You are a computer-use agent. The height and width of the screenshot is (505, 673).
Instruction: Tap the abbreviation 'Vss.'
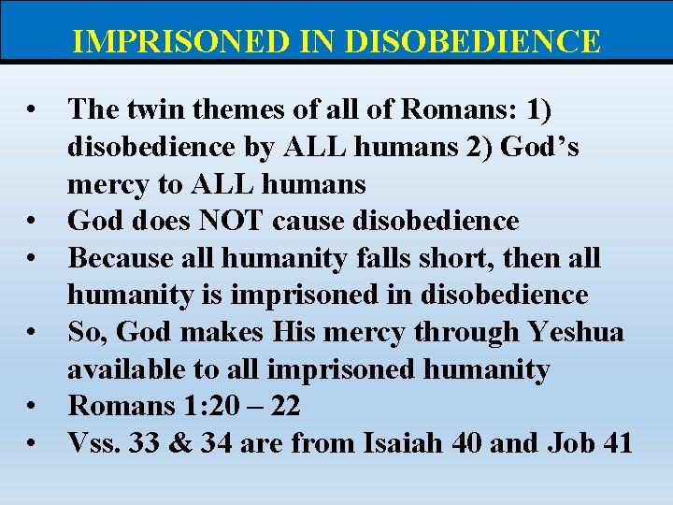[93, 443]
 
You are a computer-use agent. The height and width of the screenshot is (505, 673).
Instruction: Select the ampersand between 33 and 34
[180, 443]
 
